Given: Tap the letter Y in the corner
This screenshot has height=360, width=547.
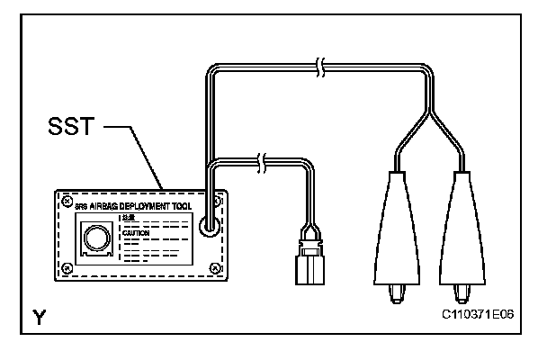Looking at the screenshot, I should click(39, 316).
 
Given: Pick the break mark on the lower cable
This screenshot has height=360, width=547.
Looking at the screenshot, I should click(261, 162).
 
